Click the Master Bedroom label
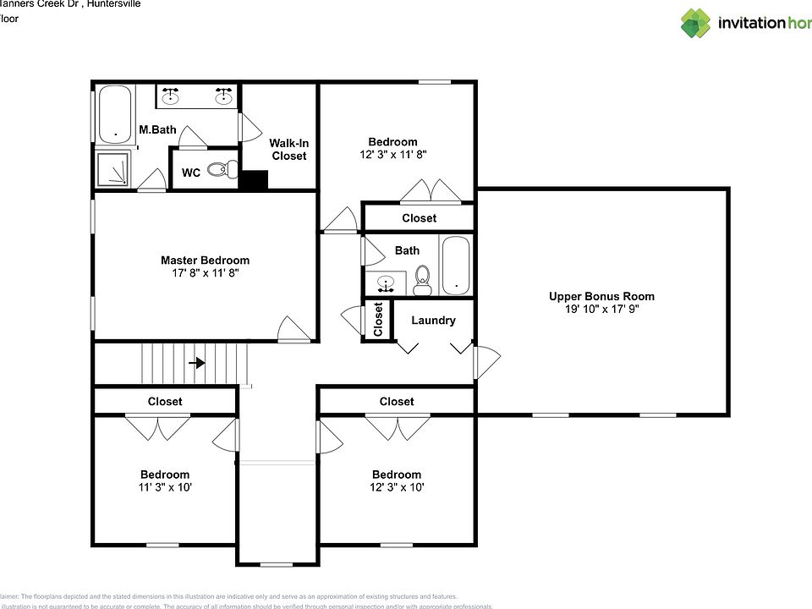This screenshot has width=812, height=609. (205, 261)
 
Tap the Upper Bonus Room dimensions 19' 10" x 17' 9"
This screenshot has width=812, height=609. (601, 309)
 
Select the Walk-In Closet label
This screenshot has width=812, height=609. (288, 150)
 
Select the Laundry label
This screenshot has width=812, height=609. (433, 321)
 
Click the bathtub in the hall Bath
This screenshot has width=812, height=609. (455, 264)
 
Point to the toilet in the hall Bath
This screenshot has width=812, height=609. (423, 281)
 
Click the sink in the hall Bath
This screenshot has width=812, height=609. (387, 283)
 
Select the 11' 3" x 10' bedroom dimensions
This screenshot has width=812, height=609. (165, 487)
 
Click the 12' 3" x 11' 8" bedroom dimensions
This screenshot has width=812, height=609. (392, 155)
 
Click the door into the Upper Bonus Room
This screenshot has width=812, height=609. (486, 363)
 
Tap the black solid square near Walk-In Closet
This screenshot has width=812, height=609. (253, 180)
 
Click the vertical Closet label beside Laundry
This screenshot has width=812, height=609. (378, 318)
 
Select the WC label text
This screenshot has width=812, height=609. (191, 173)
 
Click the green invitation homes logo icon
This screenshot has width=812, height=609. (695, 23)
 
